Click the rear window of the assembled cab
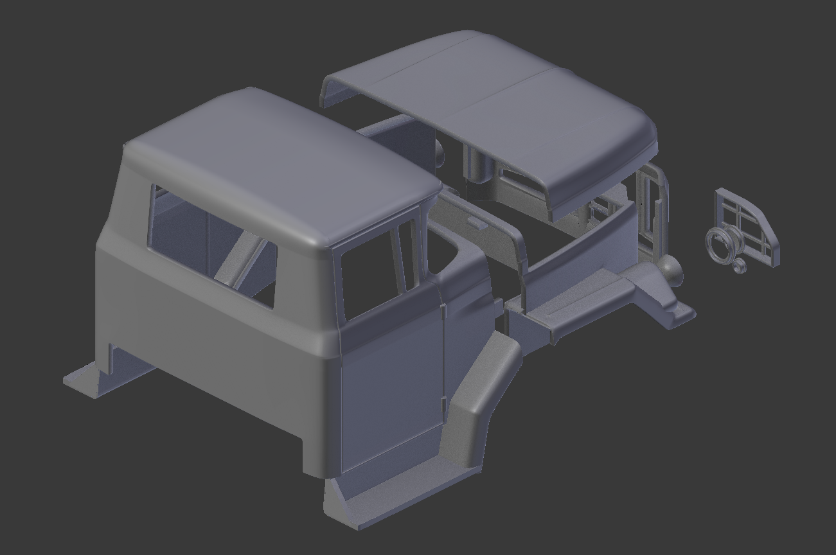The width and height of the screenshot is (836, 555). coord(212,247)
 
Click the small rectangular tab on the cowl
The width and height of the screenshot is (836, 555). coord(476,222)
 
